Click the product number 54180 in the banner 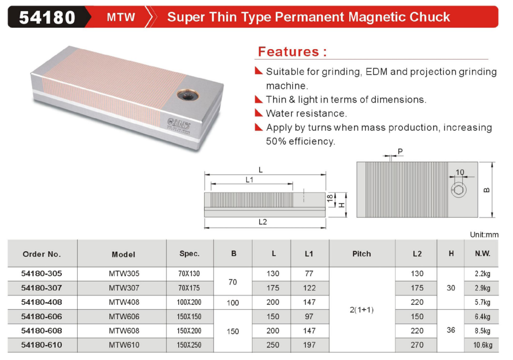(47, 17)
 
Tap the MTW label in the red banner (121, 17)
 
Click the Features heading (292, 52)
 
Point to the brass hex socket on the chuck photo (188, 96)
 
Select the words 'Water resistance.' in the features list (306, 113)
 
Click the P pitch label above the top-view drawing (400, 151)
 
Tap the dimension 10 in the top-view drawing (459, 172)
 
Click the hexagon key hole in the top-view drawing (458, 190)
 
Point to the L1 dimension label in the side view (249, 179)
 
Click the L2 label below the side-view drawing (263, 222)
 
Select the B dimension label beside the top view (487, 190)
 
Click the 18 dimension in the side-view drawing (330, 198)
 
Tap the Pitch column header (361, 254)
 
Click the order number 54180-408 (41, 302)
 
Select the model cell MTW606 (124, 316)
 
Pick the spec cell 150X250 (189, 345)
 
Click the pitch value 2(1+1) (361, 310)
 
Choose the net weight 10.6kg (483, 345)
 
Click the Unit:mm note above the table (484, 235)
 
